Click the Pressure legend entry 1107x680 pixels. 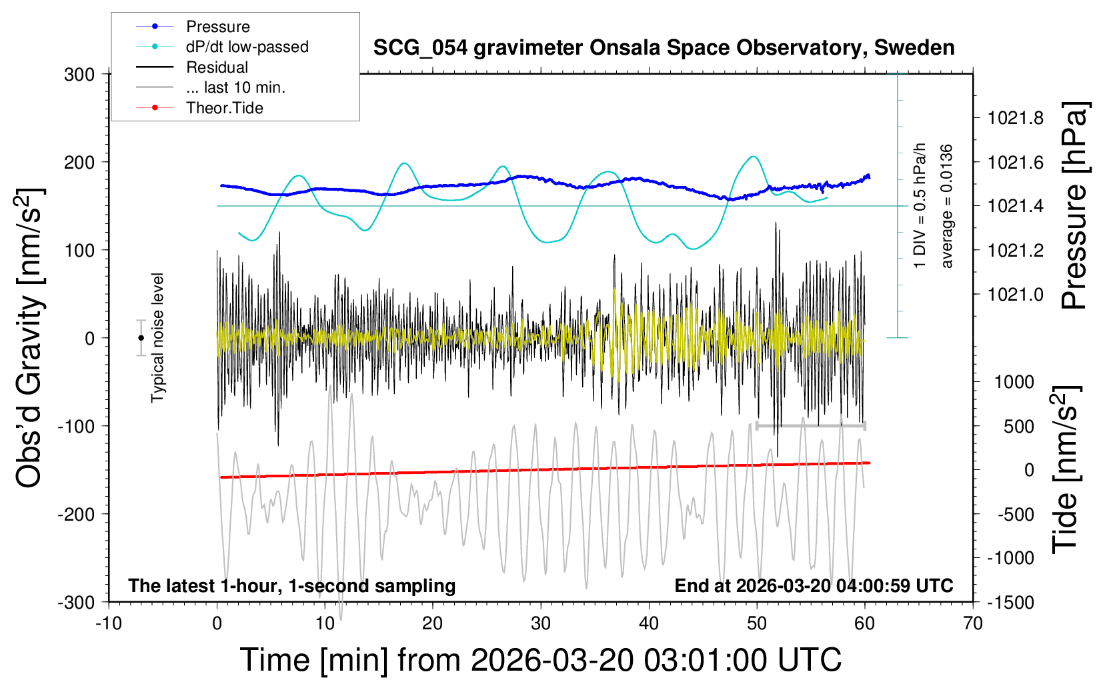tap(217, 27)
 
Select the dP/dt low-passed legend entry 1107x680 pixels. tap(247, 47)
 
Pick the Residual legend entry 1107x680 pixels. tap(217, 67)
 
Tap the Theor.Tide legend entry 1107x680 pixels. tap(224, 108)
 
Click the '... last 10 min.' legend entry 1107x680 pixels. tap(235, 87)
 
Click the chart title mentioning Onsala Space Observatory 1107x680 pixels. tap(664, 48)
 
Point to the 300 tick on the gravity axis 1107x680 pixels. tap(79, 75)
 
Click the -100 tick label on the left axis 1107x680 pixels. tap(76, 426)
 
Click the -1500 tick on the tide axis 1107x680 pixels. tap(1010, 603)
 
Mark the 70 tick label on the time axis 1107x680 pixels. tap(973, 624)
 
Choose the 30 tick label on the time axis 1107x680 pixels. tap(541, 624)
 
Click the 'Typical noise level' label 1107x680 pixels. tap(157, 337)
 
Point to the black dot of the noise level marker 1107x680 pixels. tap(141, 338)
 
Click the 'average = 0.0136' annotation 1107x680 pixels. tap(947, 206)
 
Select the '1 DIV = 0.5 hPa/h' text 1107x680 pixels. tap(920, 205)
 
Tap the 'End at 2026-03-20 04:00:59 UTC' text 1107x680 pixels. tap(814, 586)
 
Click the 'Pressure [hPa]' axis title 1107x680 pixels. tap(1074, 205)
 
